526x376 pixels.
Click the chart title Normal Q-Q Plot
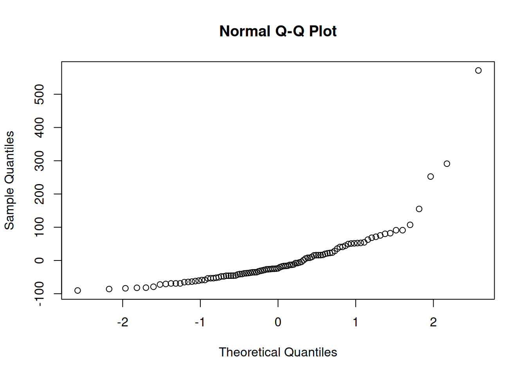pyautogui.click(x=277, y=31)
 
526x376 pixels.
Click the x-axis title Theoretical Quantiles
pyautogui.click(x=277, y=352)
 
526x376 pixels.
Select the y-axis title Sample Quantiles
pyautogui.click(x=9, y=180)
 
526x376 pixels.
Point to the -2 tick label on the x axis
pyautogui.click(x=122, y=322)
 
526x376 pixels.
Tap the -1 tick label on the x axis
pyautogui.click(x=200, y=322)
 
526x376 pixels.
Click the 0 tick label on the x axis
pyautogui.click(x=278, y=322)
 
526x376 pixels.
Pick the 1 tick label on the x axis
pyautogui.click(x=355, y=322)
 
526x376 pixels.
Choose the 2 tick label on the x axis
pyautogui.click(x=433, y=322)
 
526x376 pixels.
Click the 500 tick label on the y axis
pyautogui.click(x=40, y=94)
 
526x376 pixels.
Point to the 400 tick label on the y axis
pyautogui.click(x=40, y=128)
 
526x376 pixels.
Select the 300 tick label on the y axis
pyautogui.click(x=40, y=161)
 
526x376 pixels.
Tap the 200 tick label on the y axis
pyautogui.click(x=40, y=194)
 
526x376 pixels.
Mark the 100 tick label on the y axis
pyautogui.click(x=40, y=227)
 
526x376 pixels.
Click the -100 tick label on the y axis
pyautogui.click(x=40, y=294)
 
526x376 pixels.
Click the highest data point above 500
pyautogui.click(x=478, y=70)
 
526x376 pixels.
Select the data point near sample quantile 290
pyautogui.click(x=447, y=164)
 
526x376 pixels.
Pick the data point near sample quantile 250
pyautogui.click(x=431, y=177)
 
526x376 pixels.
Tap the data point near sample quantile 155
pyautogui.click(x=419, y=209)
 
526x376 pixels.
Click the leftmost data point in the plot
pyautogui.click(x=77, y=291)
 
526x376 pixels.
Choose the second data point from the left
pyautogui.click(x=109, y=289)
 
